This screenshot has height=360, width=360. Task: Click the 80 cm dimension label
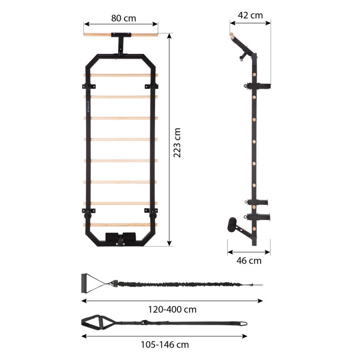tap(123, 18)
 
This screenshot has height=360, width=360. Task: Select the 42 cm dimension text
tap(249, 16)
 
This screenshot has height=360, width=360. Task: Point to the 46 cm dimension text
tap(248, 260)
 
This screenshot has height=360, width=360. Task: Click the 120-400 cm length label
tap(173, 309)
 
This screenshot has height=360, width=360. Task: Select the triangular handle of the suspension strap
tap(94, 323)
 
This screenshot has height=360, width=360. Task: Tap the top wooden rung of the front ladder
tap(121, 75)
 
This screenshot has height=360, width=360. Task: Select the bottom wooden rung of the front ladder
tap(121, 224)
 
